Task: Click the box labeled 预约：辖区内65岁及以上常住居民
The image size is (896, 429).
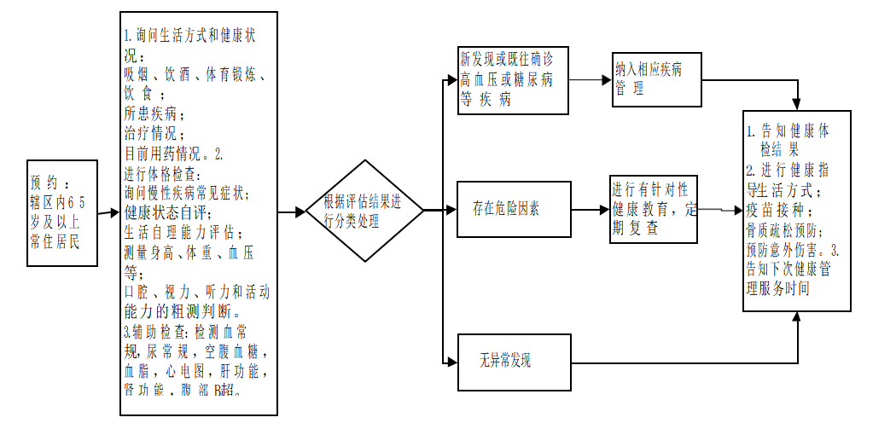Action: (x=61, y=212)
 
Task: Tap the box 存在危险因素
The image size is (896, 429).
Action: (x=513, y=209)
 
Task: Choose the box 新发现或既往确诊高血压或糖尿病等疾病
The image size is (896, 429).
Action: (x=513, y=79)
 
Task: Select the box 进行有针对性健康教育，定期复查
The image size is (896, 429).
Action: (x=653, y=209)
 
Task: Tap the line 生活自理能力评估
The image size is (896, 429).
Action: (x=183, y=232)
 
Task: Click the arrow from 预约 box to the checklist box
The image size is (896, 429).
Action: (x=108, y=212)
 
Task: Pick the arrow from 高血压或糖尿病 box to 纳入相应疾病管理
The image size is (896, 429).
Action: (x=590, y=79)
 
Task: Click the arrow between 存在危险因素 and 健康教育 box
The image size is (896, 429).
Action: (x=590, y=209)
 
